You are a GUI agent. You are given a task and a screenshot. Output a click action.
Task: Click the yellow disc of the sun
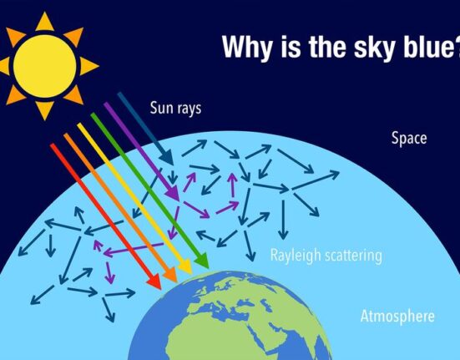click(45, 66)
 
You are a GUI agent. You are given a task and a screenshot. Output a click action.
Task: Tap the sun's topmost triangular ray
click(44, 23)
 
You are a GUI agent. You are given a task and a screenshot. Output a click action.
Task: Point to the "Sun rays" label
click(175, 108)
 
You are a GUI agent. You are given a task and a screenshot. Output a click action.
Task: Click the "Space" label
click(409, 138)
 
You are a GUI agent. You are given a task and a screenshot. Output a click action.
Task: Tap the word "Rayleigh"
click(296, 256)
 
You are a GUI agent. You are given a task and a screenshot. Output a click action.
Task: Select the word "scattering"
click(353, 256)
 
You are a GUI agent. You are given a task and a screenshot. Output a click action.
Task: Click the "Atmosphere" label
click(397, 316)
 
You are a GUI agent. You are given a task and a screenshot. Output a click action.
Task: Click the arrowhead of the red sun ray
click(155, 282)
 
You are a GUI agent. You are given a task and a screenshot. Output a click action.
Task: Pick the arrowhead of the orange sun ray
click(171, 275)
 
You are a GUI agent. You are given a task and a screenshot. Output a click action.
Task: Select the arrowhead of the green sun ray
click(202, 261)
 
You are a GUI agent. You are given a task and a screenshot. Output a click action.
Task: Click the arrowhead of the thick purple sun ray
click(173, 193)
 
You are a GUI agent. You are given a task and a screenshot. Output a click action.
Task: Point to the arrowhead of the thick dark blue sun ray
click(167, 158)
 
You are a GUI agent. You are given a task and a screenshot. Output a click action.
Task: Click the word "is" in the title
click(291, 47)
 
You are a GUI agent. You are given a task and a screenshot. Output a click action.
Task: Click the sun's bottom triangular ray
click(44, 110)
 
